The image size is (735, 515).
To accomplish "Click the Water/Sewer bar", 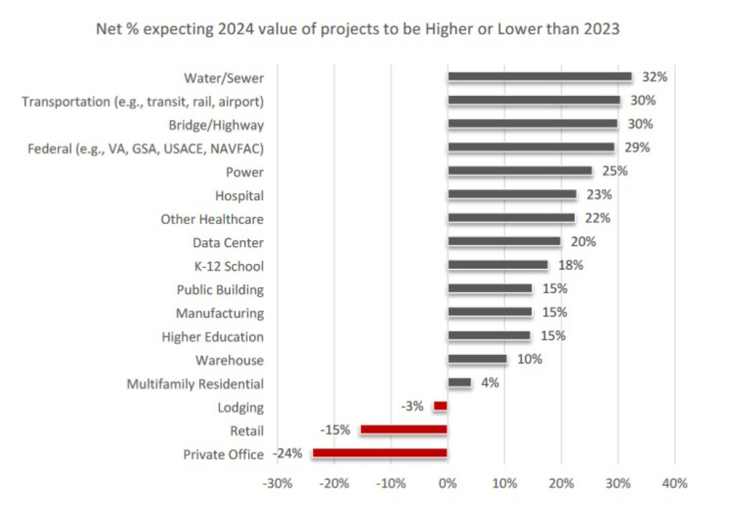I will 539,77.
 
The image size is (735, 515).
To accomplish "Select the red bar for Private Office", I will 380,453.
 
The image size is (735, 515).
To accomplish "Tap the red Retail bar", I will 403,430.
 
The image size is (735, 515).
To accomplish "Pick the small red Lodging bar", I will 440,406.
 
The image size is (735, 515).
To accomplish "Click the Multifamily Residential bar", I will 459,383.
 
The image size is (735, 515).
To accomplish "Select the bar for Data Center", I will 504,242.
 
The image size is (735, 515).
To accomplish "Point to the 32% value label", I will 650,77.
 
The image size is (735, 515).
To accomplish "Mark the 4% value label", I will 490,383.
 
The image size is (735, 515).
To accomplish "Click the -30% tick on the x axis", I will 278,483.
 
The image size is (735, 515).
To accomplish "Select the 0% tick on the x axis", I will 447,483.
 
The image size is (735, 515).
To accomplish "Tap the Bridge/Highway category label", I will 216,125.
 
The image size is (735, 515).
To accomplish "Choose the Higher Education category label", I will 212,336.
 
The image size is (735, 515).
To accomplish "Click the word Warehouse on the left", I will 229,360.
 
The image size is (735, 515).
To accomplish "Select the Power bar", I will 520,171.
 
